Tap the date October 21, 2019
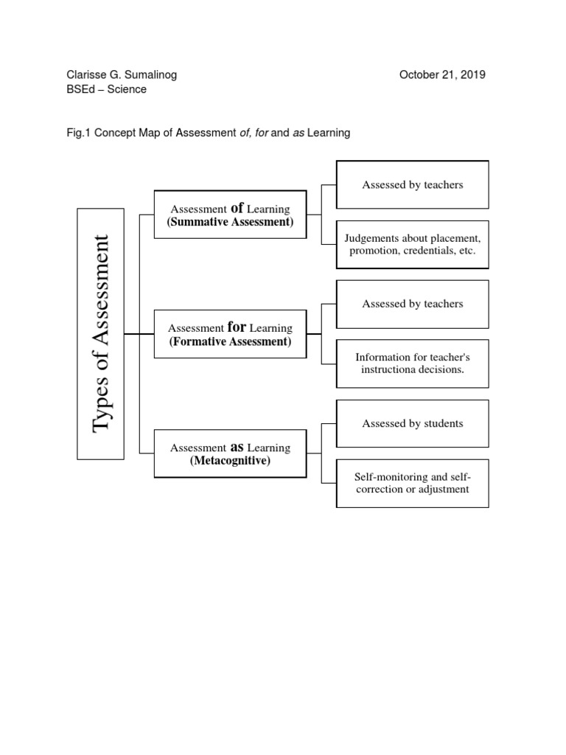click(442, 74)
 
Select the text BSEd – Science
click(106, 89)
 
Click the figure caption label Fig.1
click(77, 133)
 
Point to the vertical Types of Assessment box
click(100, 334)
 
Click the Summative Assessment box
click(230, 215)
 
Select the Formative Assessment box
click(230, 334)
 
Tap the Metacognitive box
click(230, 453)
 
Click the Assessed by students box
click(412, 423)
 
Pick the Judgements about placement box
click(412, 244)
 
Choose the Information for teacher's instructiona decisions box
click(412, 363)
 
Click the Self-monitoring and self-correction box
click(412, 482)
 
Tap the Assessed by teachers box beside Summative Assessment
click(412, 184)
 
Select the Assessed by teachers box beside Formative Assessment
click(412, 304)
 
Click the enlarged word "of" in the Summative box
click(237, 208)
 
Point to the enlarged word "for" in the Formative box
click(237, 327)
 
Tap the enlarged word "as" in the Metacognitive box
click(237, 446)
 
